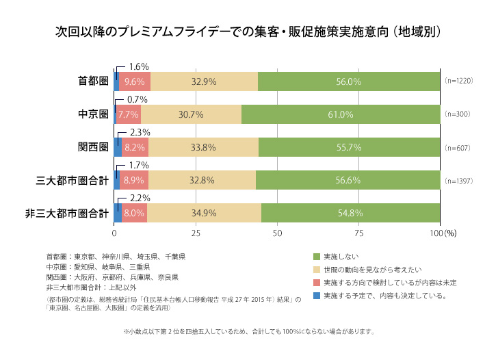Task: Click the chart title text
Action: tap(248, 32)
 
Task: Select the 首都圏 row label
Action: tap(93, 81)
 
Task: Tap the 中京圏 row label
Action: tap(93, 114)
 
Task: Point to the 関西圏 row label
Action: tap(93, 146)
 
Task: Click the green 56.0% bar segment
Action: tap(349, 81)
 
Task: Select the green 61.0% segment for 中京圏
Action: tap(341, 114)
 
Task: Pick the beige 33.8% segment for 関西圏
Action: tap(204, 146)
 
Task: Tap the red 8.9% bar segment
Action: tap(133, 180)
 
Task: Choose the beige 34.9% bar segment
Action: tap(204, 213)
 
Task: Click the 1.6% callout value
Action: tap(139, 66)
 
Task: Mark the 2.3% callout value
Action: tap(139, 132)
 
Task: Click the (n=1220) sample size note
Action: tap(459, 81)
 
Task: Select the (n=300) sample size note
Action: tap(457, 114)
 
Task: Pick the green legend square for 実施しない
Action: tap(316, 257)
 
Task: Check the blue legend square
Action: tap(316, 296)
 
